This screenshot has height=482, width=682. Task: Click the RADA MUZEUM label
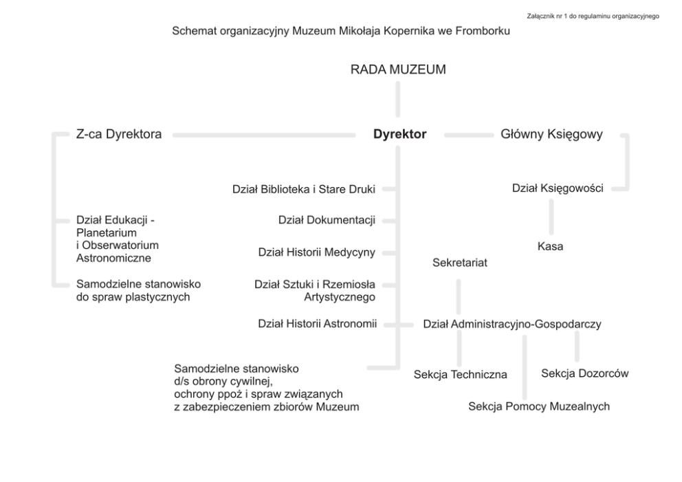pos(398,69)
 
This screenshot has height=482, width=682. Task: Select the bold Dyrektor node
pos(399,135)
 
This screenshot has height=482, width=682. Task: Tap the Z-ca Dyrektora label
pos(119,135)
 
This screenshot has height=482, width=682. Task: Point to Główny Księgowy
pos(551,135)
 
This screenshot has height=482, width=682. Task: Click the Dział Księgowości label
pos(558,188)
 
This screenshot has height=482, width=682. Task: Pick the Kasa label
pos(550,246)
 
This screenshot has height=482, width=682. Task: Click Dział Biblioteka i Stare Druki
pos(304,188)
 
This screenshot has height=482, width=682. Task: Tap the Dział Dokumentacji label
pos(327,220)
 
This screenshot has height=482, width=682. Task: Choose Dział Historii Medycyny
pos(317,252)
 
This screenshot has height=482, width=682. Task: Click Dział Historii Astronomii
pos(318,324)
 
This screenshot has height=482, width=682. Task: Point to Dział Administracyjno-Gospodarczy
pos(512,325)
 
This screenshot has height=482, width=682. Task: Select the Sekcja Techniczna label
pos(461,375)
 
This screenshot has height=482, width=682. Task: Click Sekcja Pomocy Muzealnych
pos(539,406)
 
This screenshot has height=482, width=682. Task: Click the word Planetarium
pos(107,232)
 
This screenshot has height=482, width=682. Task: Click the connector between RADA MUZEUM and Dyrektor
pos(398,100)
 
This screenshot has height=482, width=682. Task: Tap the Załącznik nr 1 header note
pos(601,15)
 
